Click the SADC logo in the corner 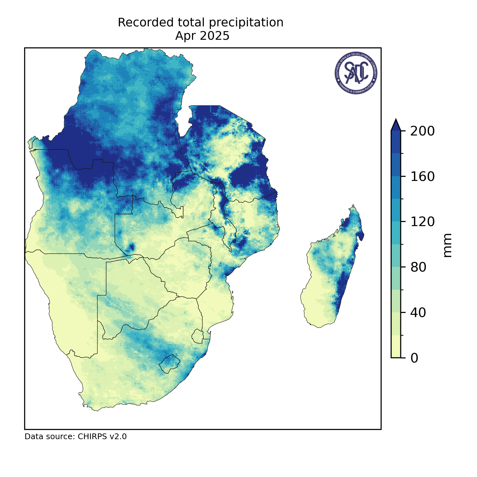click(x=356, y=73)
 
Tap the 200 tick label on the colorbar click(x=422, y=131)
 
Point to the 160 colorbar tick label click(x=422, y=176)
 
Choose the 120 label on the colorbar click(x=422, y=222)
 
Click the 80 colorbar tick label click(x=418, y=267)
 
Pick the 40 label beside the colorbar click(x=418, y=313)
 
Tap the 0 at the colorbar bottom click(x=414, y=358)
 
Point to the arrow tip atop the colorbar click(x=396, y=121)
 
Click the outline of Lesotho click(x=169, y=364)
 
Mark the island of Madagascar click(x=331, y=273)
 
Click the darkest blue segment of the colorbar click(x=396, y=142)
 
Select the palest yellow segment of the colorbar click(x=396, y=347)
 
